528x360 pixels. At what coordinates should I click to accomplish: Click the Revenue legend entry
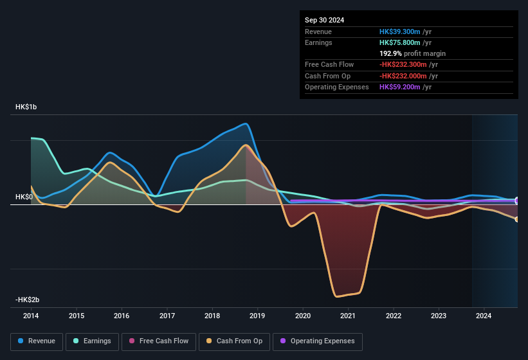click(x=37, y=341)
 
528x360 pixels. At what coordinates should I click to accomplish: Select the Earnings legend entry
click(x=91, y=341)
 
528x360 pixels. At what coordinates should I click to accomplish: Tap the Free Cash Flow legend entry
click(x=159, y=341)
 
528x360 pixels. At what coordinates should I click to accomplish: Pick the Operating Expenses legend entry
click(x=318, y=341)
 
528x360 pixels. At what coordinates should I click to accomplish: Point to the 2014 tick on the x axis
click(x=31, y=316)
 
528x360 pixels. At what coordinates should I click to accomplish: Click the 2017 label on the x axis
click(x=167, y=316)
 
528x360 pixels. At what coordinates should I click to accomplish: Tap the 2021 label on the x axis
click(x=348, y=316)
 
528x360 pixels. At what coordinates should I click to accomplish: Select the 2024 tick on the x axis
click(x=484, y=316)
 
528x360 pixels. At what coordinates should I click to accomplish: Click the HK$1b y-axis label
click(x=26, y=107)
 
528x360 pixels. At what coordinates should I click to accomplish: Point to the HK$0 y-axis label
click(x=24, y=197)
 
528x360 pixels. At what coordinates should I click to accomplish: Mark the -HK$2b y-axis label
click(x=28, y=300)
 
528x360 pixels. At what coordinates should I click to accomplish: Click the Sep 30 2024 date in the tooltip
click(x=324, y=20)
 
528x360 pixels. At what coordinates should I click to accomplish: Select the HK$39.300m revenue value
click(x=400, y=32)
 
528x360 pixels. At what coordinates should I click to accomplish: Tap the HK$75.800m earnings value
click(x=400, y=42)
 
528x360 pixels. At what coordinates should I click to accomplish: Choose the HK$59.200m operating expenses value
click(x=400, y=87)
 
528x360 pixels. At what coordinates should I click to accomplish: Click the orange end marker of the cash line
click(x=517, y=219)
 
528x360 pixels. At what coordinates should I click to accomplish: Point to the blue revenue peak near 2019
click(x=246, y=123)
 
